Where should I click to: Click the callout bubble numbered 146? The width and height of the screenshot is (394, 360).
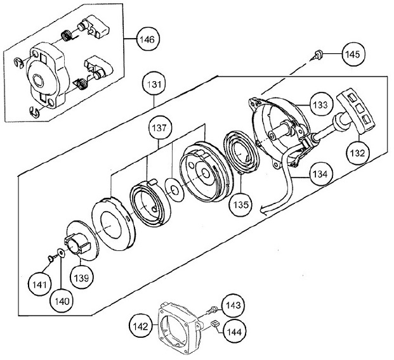[x=148, y=39]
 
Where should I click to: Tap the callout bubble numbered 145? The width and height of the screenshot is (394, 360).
[x=353, y=55]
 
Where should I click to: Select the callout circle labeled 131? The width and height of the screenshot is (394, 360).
[x=154, y=84]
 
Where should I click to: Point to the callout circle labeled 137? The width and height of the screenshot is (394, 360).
[x=160, y=128]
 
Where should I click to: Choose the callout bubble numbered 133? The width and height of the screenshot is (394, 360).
[x=320, y=105]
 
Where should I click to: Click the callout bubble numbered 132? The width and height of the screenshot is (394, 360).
[x=357, y=153]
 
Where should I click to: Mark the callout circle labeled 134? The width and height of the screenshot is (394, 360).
[x=320, y=174]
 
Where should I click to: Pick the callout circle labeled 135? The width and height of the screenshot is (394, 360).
[x=240, y=205]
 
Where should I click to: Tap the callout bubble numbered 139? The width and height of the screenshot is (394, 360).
[x=81, y=278]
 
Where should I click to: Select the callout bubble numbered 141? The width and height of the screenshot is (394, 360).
[x=40, y=285]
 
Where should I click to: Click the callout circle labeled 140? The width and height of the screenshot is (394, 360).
[x=62, y=301]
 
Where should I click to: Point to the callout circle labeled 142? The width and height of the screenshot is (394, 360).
[x=141, y=326]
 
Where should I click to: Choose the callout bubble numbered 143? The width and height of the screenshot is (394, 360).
[x=233, y=305]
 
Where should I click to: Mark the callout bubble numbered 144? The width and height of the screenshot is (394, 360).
[x=234, y=332]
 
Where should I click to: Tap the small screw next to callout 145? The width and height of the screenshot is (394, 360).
[x=317, y=55]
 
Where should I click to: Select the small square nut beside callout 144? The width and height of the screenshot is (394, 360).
[x=215, y=323]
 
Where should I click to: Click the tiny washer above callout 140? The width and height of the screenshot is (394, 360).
[x=61, y=253]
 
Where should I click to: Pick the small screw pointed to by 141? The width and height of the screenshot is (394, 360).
[x=52, y=257]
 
